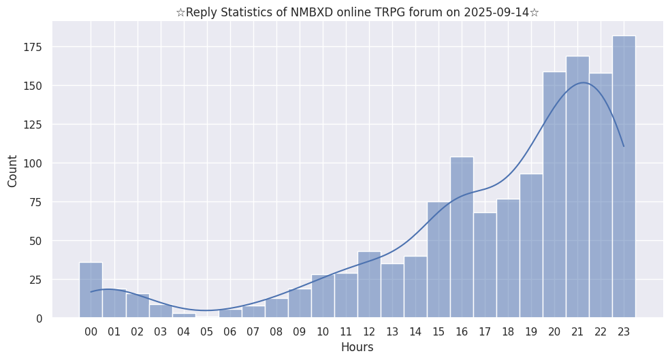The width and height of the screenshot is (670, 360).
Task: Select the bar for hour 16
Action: tap(462, 238)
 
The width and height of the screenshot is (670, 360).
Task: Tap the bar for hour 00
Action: tap(91, 290)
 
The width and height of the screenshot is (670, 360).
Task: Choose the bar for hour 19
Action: tap(531, 246)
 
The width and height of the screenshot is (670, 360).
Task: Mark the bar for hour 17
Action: tap(485, 265)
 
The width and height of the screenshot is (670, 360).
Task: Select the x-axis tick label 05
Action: tap(207, 331)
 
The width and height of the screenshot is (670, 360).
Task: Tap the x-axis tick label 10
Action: tap(323, 331)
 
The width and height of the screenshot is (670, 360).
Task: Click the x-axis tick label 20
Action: tap(554, 331)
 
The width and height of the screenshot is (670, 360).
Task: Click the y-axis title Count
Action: tap(13, 171)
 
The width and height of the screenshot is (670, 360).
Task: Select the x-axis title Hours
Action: tap(357, 347)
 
